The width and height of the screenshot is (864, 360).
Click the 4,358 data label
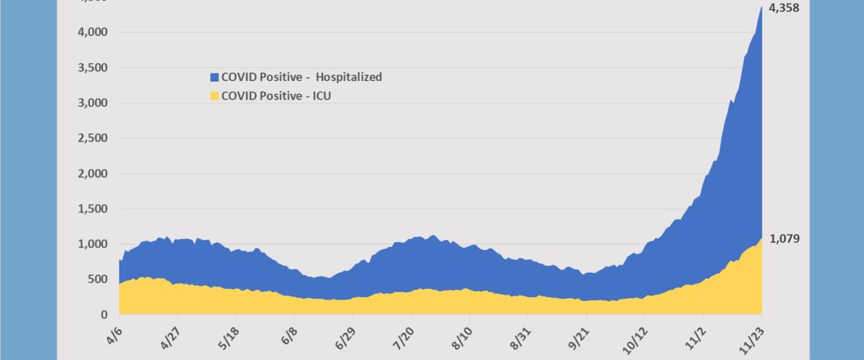(x=784, y=8)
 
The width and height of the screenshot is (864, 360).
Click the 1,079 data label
(x=784, y=239)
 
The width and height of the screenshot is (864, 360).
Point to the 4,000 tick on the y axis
(x=93, y=32)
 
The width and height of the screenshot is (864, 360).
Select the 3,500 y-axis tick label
(x=93, y=67)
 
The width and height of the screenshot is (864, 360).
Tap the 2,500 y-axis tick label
(x=93, y=138)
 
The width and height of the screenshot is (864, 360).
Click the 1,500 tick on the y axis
(x=93, y=209)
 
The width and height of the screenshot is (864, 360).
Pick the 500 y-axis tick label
(x=98, y=279)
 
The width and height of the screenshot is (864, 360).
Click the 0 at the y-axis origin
(x=104, y=315)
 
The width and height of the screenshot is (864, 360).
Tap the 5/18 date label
(x=229, y=339)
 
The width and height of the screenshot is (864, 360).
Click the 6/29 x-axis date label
(x=346, y=339)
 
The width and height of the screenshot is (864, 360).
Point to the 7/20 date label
(x=404, y=339)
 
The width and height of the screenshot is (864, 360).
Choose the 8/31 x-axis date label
(x=521, y=339)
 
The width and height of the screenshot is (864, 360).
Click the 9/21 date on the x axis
(x=579, y=339)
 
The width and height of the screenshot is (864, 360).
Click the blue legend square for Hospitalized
(x=215, y=77)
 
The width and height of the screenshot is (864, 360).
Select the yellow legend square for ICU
(x=215, y=96)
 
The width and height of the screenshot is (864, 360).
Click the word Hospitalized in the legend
(x=348, y=77)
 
